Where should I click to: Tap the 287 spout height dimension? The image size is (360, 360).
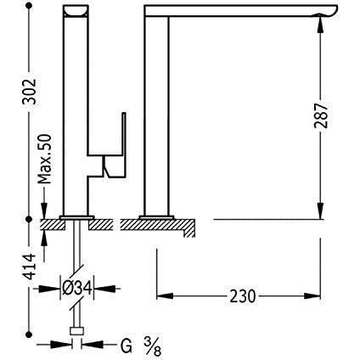[x=321, y=115]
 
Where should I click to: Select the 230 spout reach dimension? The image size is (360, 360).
[x=243, y=296]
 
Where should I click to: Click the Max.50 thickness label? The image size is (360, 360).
[x=45, y=159]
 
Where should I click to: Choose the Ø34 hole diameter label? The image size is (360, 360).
[x=77, y=289]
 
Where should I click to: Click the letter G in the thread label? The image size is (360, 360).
[x=127, y=346]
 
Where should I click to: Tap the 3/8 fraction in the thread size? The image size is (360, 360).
[x=153, y=346]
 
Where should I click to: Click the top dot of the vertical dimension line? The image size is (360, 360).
[x=28, y=7]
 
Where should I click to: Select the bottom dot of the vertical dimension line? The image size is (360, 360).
[x=28, y=335]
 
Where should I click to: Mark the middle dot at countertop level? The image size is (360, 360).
[x=28, y=219]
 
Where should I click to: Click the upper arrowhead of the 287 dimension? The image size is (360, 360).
[x=320, y=24]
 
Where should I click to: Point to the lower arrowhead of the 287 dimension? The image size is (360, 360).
[x=320, y=211]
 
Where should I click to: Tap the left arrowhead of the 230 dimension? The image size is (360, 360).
[x=165, y=296]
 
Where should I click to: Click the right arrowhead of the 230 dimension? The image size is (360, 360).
[x=312, y=296]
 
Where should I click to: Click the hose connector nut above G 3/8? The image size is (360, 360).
[x=76, y=331]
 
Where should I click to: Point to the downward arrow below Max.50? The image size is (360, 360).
[x=44, y=203]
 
